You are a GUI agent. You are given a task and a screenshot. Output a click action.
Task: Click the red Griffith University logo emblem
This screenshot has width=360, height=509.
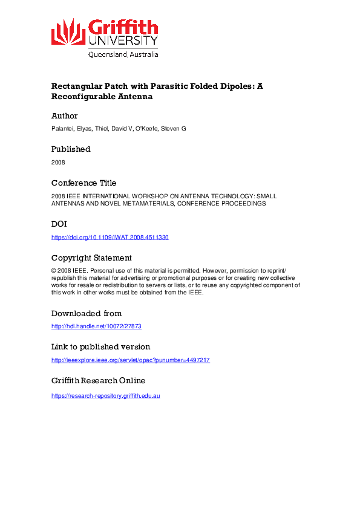(x=68, y=31)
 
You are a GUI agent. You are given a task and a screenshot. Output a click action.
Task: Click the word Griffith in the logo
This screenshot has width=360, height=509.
(x=123, y=27)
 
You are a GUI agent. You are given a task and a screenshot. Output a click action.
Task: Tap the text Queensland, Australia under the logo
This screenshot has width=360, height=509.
(x=123, y=54)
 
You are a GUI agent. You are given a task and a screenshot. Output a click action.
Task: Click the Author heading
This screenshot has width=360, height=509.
(x=65, y=115)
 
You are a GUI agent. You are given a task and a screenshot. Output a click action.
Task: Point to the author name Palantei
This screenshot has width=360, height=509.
(x=62, y=129)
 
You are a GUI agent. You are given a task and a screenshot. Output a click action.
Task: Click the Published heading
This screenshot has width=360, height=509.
(x=71, y=149)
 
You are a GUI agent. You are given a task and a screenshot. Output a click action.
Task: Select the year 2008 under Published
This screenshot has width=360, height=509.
(x=58, y=163)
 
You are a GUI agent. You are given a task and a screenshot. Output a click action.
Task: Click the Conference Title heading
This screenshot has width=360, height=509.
(x=84, y=183)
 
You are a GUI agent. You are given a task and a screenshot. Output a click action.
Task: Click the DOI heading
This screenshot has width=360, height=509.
(x=59, y=224)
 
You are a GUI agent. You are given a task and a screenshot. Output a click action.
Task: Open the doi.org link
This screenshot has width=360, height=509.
(x=110, y=238)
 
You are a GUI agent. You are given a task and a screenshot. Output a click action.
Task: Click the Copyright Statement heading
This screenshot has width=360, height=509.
(x=91, y=258)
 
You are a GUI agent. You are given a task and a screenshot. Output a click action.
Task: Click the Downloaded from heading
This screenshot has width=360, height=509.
(x=87, y=313)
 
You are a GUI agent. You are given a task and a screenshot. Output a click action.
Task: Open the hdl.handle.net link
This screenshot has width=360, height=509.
(x=96, y=326)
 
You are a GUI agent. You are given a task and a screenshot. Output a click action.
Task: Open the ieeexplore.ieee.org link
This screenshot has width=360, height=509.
(x=131, y=360)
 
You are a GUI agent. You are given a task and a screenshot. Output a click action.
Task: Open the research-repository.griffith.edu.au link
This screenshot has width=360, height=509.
(x=106, y=395)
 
